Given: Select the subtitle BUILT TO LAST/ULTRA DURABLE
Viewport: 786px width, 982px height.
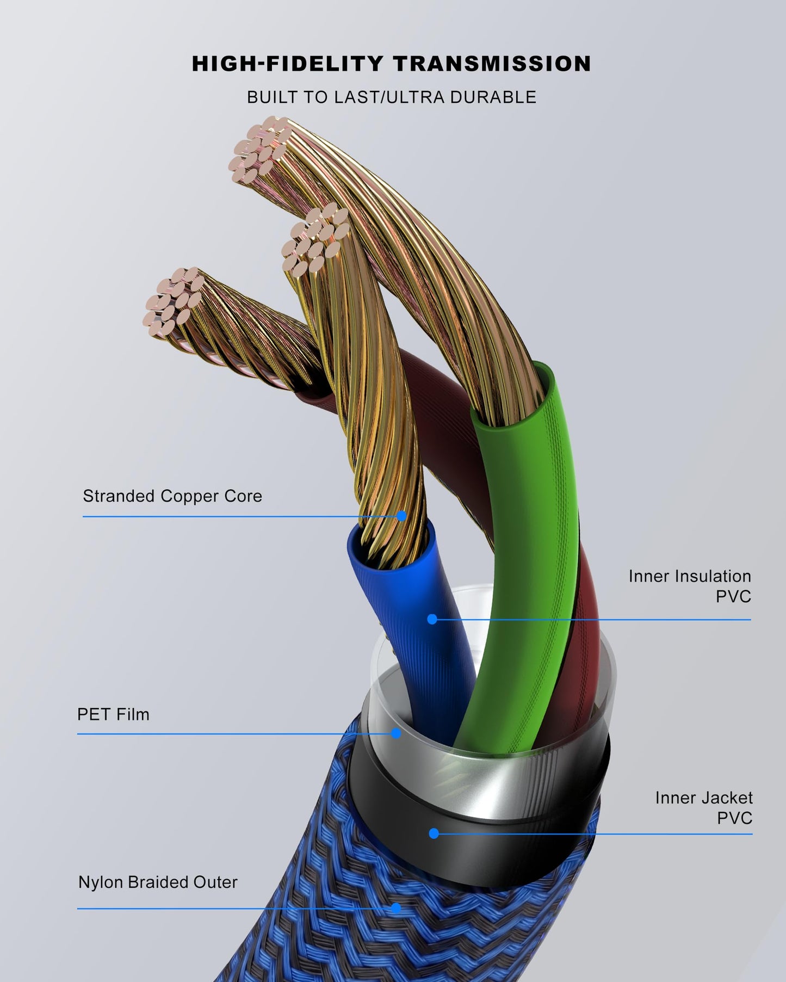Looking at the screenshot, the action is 392,97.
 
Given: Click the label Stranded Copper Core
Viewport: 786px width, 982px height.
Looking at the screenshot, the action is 172,496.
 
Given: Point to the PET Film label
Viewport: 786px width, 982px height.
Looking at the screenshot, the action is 113,714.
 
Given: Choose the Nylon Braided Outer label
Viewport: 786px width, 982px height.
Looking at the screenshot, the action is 158,882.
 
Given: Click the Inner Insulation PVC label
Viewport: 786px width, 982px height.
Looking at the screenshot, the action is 690,586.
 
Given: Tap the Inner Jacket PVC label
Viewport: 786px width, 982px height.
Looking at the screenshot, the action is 704,808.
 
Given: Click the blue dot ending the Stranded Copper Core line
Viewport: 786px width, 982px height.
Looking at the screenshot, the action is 401,516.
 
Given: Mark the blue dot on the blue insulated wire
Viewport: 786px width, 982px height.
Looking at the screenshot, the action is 432,619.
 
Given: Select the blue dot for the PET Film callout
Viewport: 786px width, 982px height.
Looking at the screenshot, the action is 396,733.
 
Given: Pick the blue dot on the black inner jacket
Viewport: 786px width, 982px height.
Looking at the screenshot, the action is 434,833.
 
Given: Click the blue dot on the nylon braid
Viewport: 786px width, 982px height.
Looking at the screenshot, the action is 396,908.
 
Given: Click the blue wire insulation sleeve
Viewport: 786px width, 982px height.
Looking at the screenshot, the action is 413,615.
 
